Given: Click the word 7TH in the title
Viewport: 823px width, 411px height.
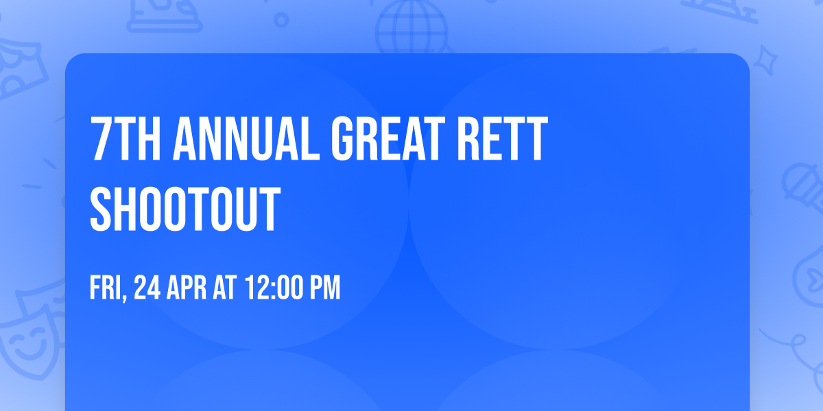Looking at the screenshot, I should click(126, 140).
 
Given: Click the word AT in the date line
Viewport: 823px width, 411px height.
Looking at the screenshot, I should click(225, 288).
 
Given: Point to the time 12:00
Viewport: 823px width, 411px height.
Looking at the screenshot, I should click(272, 288).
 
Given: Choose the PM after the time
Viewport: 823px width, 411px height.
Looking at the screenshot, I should click(324, 288).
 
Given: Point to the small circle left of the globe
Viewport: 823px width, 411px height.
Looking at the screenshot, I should click(281, 19).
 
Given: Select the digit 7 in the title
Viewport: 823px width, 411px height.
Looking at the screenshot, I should click(100, 140).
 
